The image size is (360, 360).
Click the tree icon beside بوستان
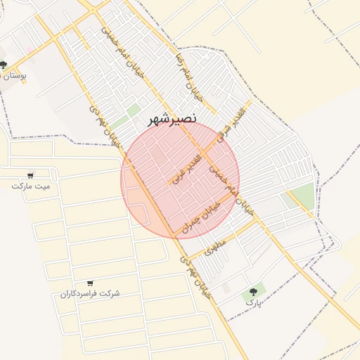4,65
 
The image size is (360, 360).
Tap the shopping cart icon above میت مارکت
30,175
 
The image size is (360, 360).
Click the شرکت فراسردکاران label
89,292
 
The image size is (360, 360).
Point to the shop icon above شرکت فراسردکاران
89,283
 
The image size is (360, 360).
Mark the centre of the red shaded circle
180,180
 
